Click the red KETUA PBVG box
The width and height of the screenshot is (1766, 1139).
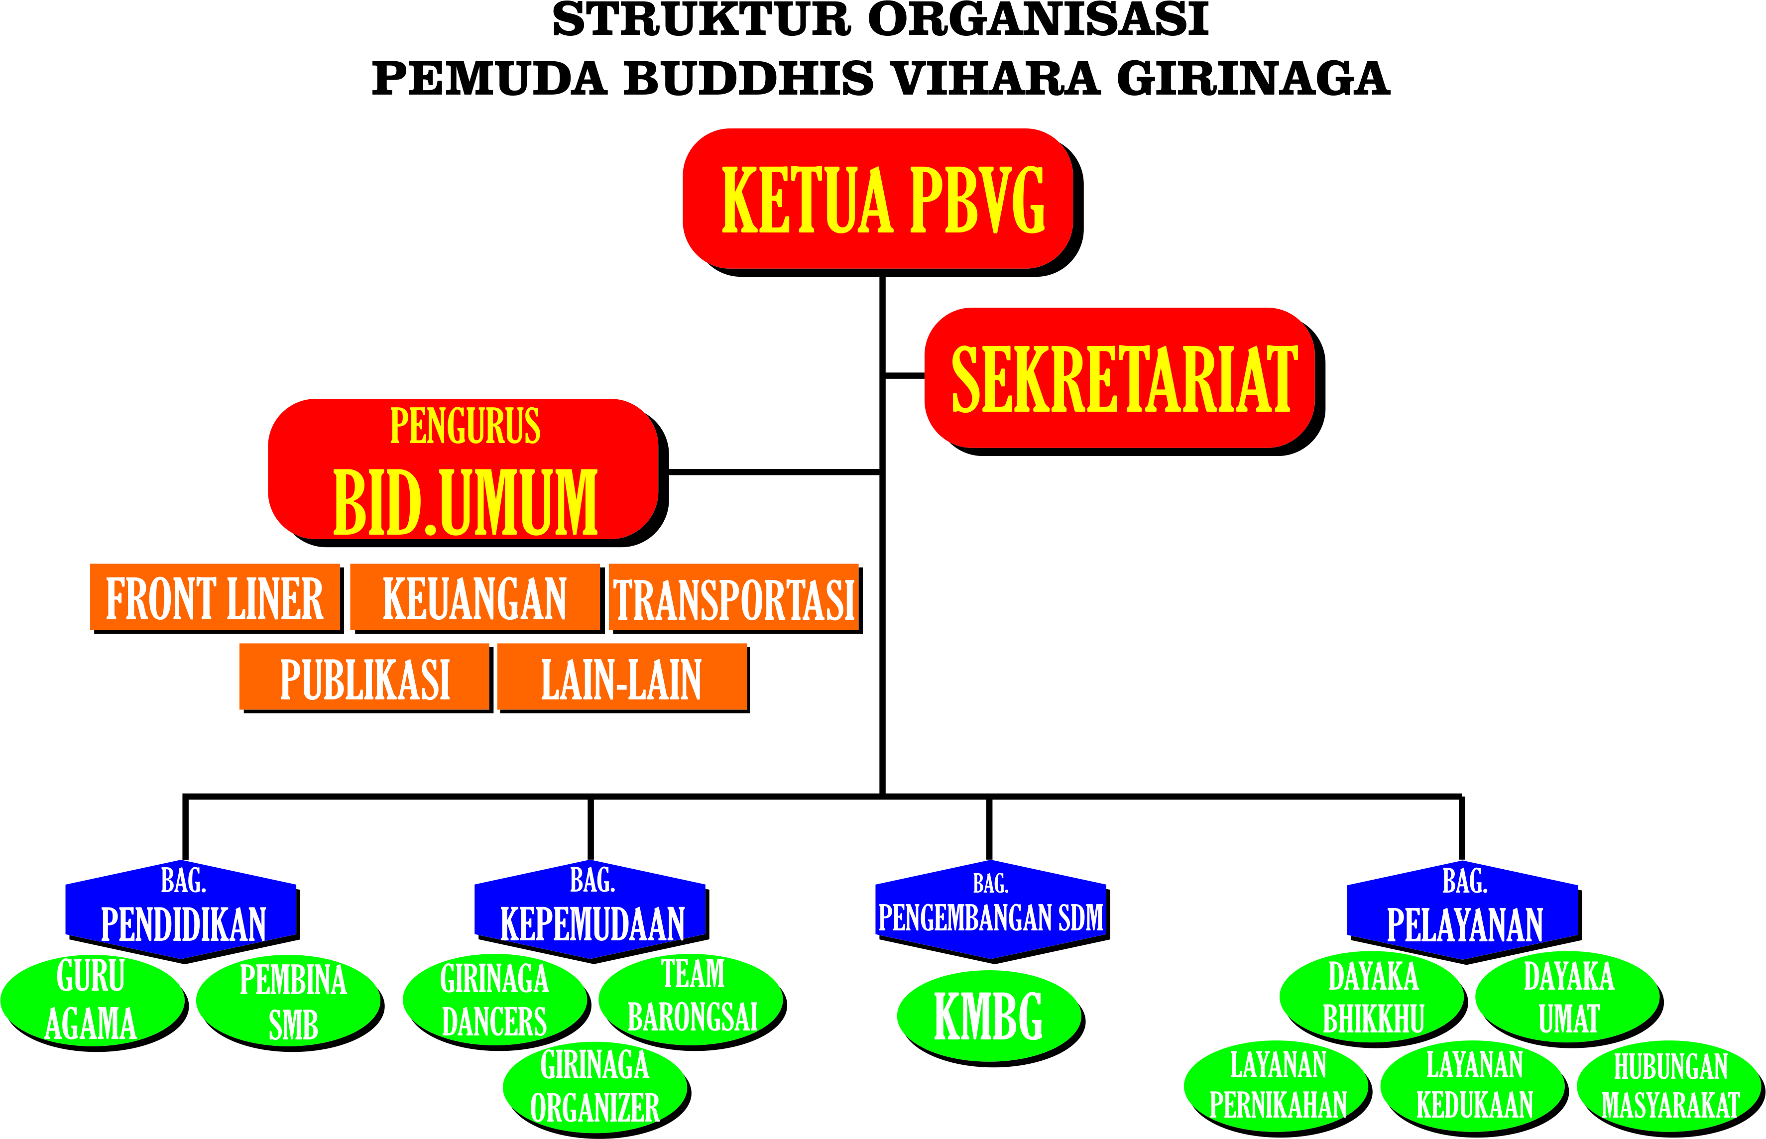click(x=878, y=198)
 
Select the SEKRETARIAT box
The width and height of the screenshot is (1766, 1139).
click(x=1120, y=377)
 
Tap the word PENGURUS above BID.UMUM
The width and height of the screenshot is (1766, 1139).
click(x=465, y=426)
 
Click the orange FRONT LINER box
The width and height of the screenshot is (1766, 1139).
click(x=215, y=597)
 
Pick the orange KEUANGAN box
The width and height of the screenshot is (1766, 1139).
click(x=475, y=597)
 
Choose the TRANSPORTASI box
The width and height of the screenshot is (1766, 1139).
click(x=733, y=597)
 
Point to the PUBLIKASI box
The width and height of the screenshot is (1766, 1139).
click(x=364, y=677)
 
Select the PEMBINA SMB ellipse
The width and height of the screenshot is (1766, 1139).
click(x=288, y=1000)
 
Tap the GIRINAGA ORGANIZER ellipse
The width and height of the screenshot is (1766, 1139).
click(x=594, y=1087)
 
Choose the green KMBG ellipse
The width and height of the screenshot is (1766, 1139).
click(x=989, y=1016)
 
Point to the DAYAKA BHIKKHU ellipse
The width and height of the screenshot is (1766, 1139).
click(x=1371, y=997)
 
